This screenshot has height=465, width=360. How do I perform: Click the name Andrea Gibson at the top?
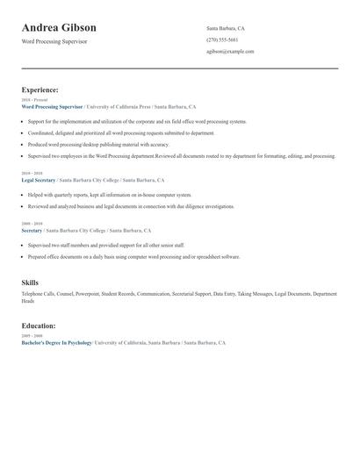click(x=59, y=28)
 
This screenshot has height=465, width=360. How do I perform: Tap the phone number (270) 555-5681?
click(x=222, y=39)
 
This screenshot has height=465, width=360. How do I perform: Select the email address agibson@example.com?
click(x=230, y=51)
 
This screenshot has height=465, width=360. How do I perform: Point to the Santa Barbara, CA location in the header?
click(x=226, y=28)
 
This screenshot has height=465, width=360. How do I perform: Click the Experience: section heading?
click(x=40, y=89)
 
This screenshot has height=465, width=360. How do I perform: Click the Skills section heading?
click(x=30, y=283)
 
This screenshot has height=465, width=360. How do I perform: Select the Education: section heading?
click(x=39, y=325)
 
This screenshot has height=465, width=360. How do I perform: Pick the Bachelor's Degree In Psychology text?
click(x=56, y=342)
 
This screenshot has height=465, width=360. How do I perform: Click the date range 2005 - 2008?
click(x=31, y=336)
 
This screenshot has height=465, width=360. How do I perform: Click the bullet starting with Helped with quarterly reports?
click(x=110, y=195)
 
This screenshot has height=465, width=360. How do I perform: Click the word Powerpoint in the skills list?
click(x=87, y=294)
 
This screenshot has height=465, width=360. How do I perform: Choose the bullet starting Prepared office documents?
click(x=133, y=256)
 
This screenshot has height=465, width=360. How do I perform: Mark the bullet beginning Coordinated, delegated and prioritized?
click(x=120, y=133)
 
